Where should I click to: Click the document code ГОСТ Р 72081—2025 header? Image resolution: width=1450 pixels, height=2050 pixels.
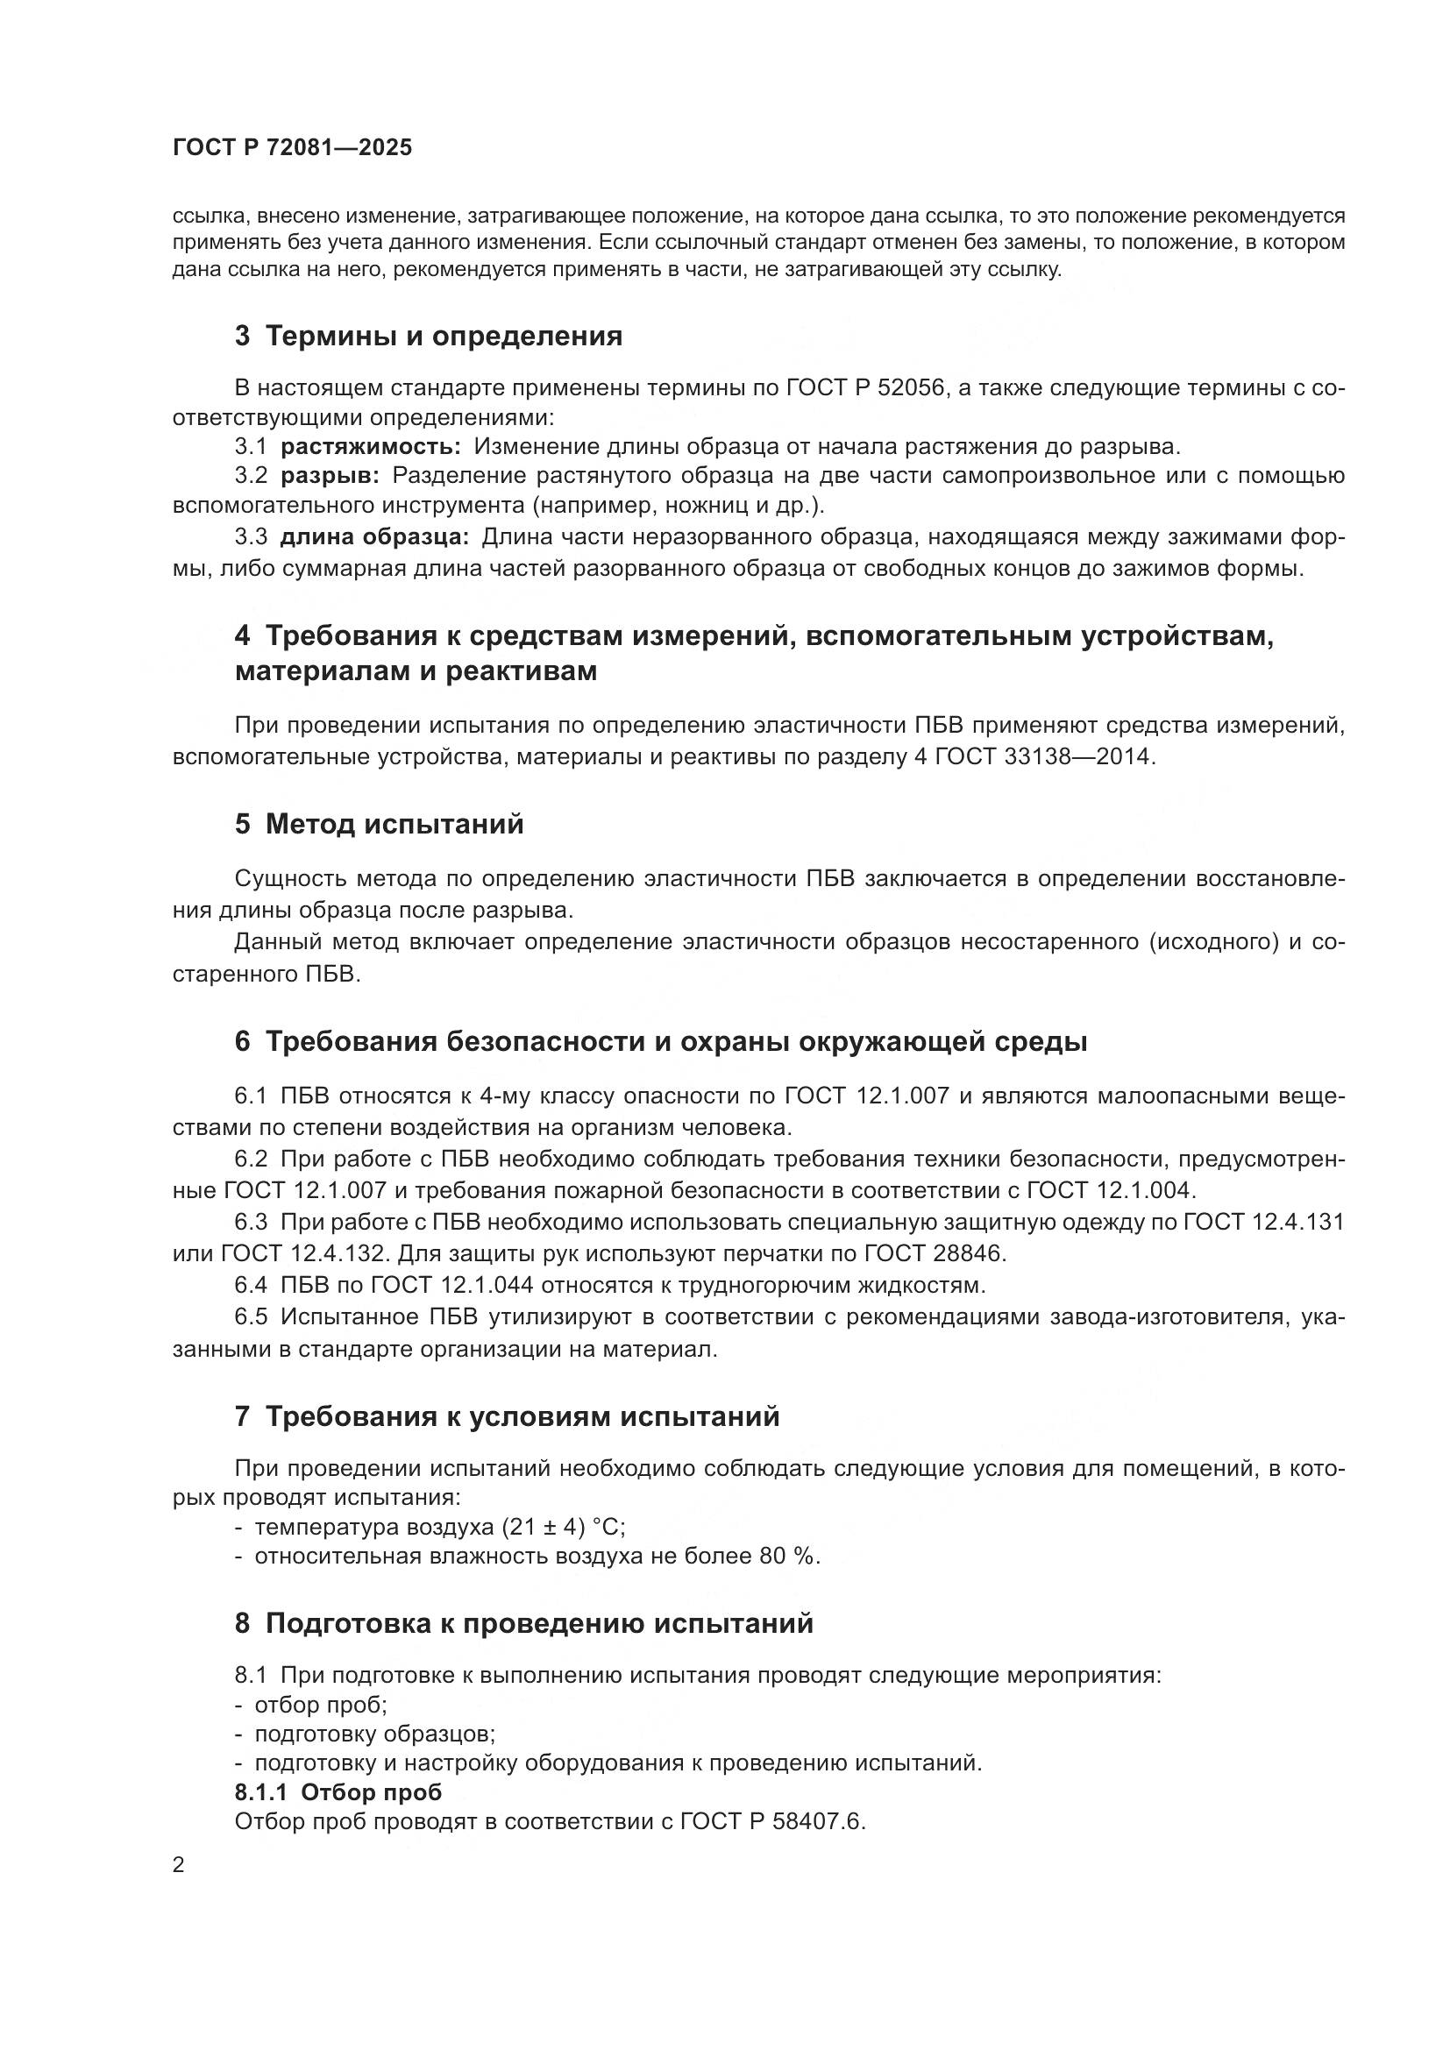click(292, 147)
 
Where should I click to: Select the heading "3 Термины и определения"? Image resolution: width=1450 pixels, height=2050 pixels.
click(429, 337)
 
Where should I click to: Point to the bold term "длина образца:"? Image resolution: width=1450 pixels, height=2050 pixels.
click(374, 537)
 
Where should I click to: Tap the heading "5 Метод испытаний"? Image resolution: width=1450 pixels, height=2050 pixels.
click(380, 824)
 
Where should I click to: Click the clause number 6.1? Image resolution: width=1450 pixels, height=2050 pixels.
click(251, 1096)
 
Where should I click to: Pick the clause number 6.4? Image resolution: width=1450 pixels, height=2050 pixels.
click(251, 1286)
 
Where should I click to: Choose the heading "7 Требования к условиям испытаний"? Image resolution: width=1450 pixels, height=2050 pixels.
click(507, 1417)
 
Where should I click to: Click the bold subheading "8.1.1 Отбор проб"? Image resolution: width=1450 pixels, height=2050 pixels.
click(338, 1792)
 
